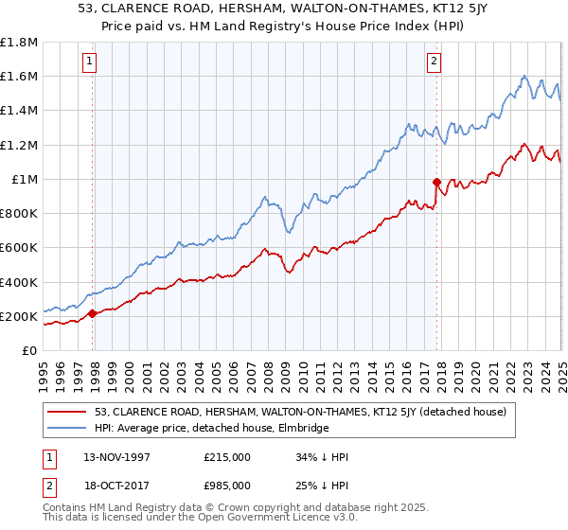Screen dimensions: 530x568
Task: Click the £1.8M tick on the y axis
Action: pos(19,43)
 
